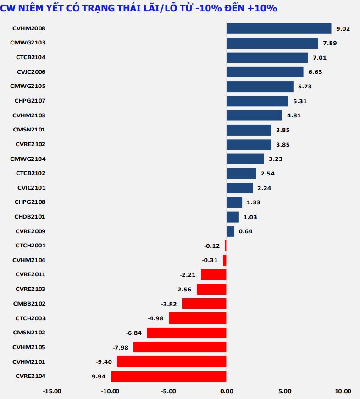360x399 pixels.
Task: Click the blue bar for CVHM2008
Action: point(279,28)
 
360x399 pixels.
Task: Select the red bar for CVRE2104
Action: point(169,376)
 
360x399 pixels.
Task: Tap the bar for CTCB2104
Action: point(267,57)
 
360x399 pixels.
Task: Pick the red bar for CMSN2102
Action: point(187,333)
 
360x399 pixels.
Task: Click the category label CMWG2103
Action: point(28,43)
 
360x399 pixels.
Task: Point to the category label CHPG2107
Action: point(30,100)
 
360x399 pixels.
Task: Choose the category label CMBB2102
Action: point(30,303)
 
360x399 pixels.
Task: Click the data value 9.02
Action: point(343,28)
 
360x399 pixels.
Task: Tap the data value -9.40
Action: point(104,361)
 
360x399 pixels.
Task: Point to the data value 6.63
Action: point(315,72)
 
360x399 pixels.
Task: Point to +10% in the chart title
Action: point(262,8)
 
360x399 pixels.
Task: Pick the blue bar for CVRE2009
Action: point(231,231)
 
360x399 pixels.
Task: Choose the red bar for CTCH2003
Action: point(198,318)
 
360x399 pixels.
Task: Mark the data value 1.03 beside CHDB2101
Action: point(250,217)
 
